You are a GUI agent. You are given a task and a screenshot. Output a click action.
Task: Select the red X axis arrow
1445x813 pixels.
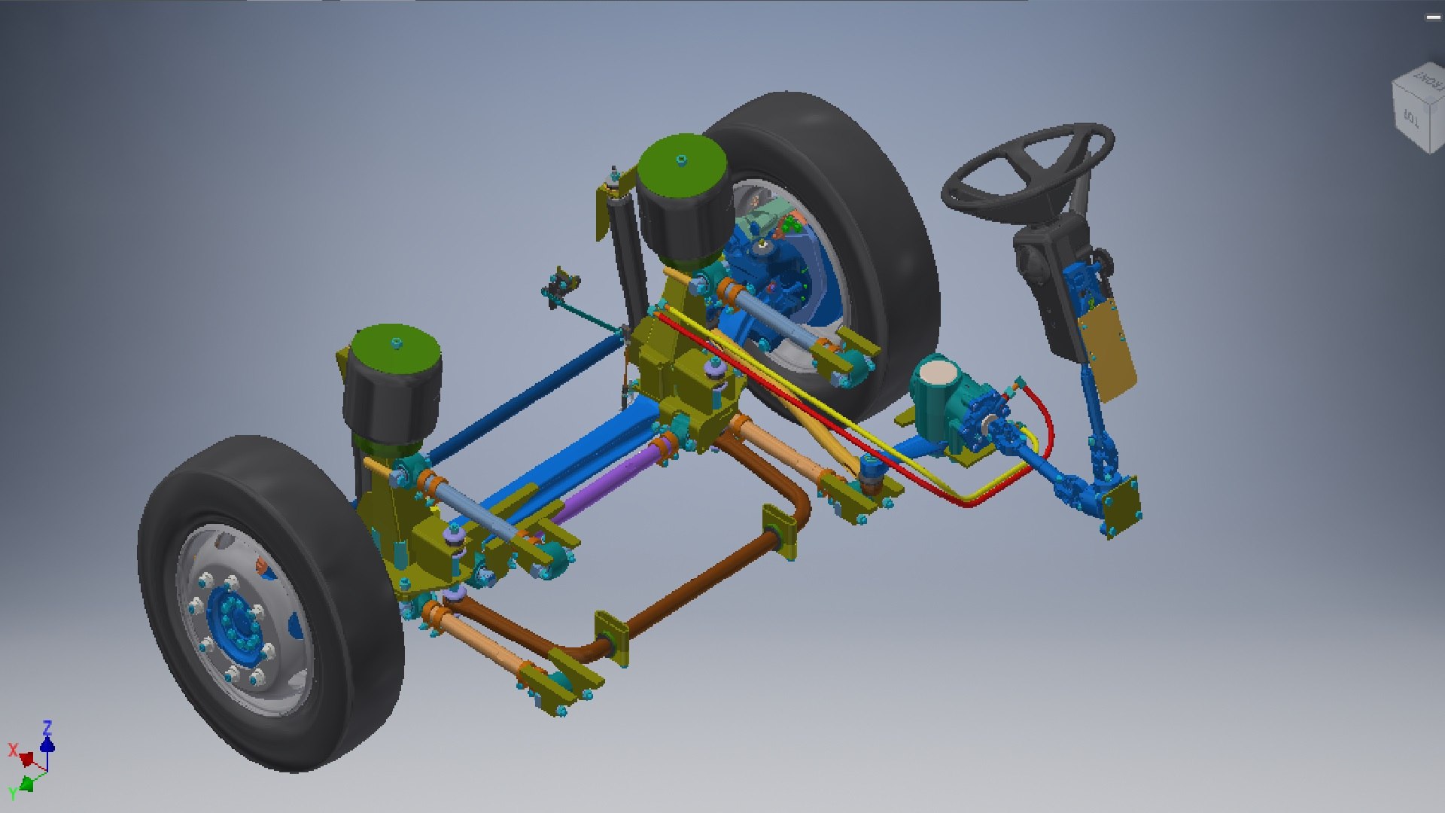[x=25, y=757]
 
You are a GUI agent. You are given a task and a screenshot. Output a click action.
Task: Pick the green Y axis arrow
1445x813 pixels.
[x=26, y=784]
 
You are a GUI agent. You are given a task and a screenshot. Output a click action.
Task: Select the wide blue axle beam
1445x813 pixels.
[x=572, y=459]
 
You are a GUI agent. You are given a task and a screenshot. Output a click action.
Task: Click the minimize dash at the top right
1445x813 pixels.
[x=1432, y=17]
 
